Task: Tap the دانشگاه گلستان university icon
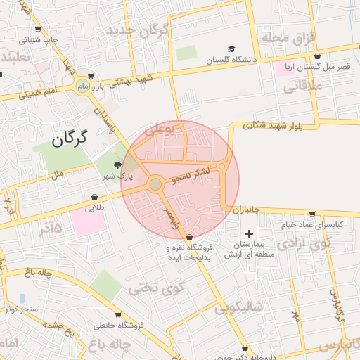point(231,49)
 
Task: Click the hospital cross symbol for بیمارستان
point(248,233)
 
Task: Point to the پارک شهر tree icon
point(107,165)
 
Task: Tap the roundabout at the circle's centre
point(155,184)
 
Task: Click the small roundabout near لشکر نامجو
point(222,166)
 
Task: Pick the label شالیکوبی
point(239,307)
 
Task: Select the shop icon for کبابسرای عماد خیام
point(312,214)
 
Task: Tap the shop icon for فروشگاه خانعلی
point(117,315)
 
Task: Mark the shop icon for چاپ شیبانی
point(38,30)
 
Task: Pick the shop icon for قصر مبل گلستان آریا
point(318,56)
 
